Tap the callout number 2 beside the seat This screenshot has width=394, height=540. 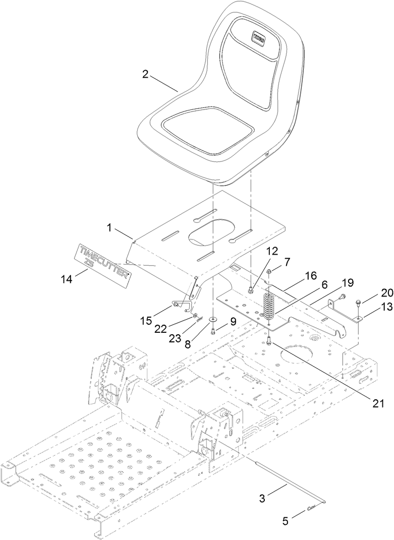pos(145,74)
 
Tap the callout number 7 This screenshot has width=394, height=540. pos(287,262)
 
